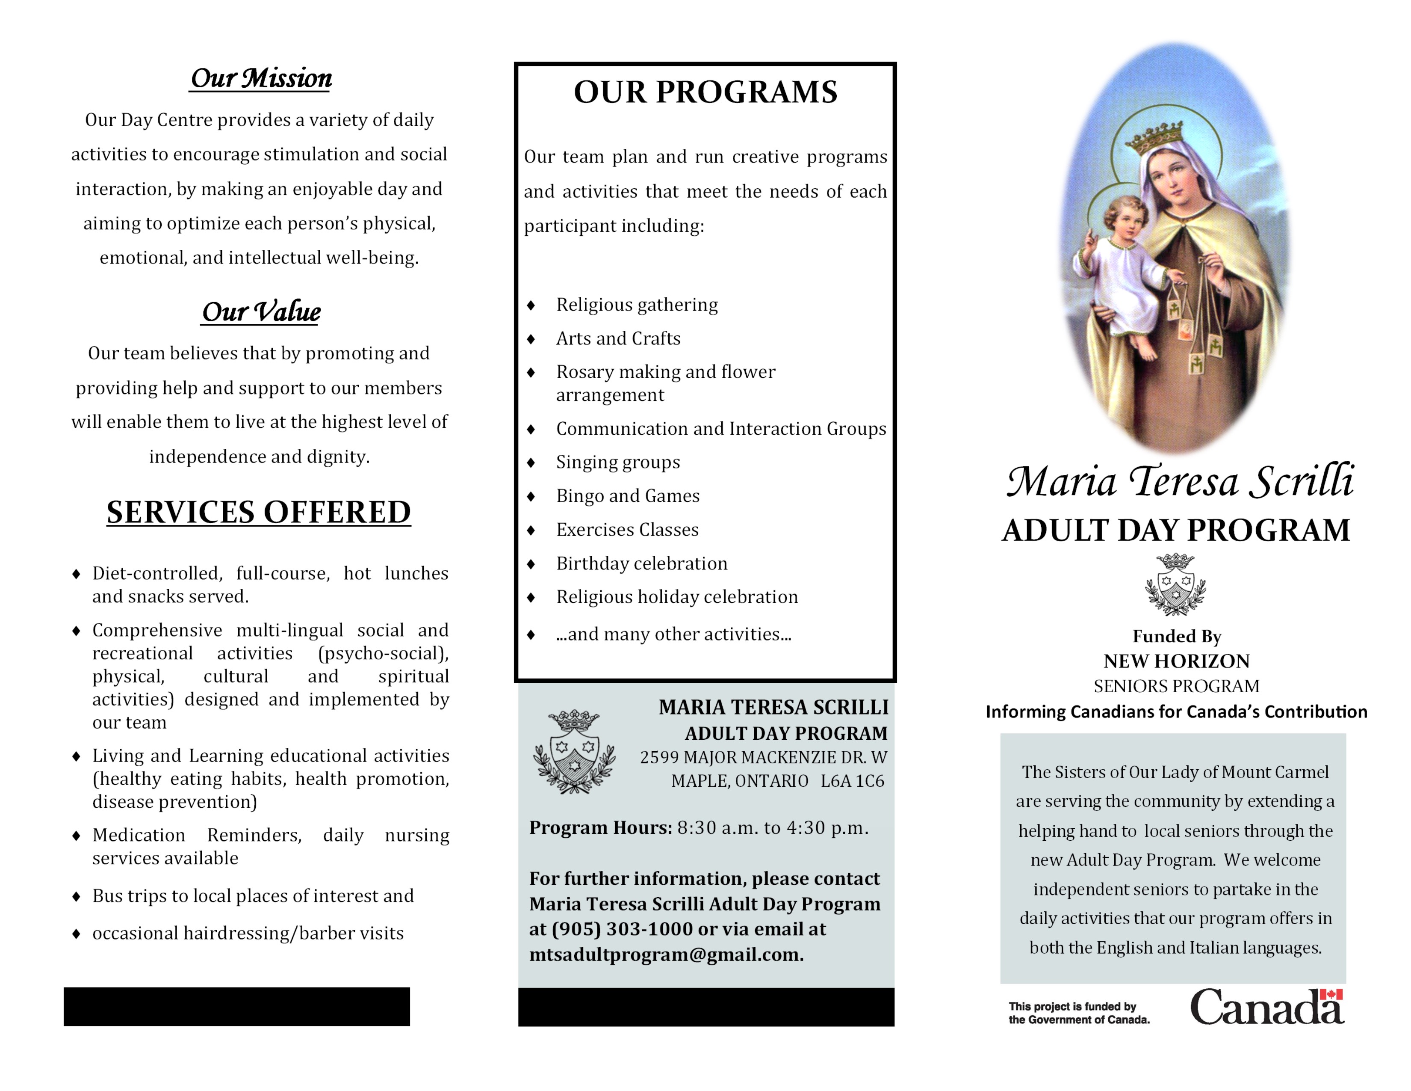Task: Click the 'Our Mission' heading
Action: [x=261, y=79]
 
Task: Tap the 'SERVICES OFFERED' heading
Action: [x=258, y=513]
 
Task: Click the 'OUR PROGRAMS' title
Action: [x=705, y=92]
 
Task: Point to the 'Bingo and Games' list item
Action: [x=627, y=496]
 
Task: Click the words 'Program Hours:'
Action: [x=600, y=828]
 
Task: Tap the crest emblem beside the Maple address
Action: [x=574, y=751]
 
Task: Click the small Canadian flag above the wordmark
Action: [x=1331, y=994]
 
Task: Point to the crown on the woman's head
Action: [x=1154, y=137]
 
